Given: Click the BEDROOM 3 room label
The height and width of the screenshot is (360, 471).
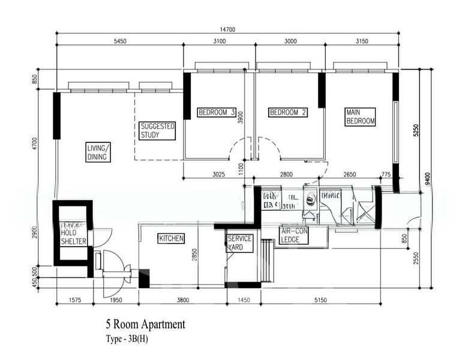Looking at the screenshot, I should point(217,112).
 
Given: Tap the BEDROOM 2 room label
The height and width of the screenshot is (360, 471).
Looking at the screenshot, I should point(287,112).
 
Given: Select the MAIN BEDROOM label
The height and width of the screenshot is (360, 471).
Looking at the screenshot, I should point(360,116).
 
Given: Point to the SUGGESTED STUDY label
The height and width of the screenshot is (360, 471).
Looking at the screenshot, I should point(157,131).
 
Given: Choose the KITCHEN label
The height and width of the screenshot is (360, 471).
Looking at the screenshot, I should point(171,239).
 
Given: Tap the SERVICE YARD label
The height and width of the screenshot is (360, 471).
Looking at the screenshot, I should point(239,242).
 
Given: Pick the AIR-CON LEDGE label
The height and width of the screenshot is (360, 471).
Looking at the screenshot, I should point(294,236).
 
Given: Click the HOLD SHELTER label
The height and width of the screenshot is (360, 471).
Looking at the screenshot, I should point(74,237).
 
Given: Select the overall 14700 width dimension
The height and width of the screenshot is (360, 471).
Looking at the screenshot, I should point(227,29).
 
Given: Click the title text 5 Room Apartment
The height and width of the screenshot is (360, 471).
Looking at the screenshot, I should point(145,325).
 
